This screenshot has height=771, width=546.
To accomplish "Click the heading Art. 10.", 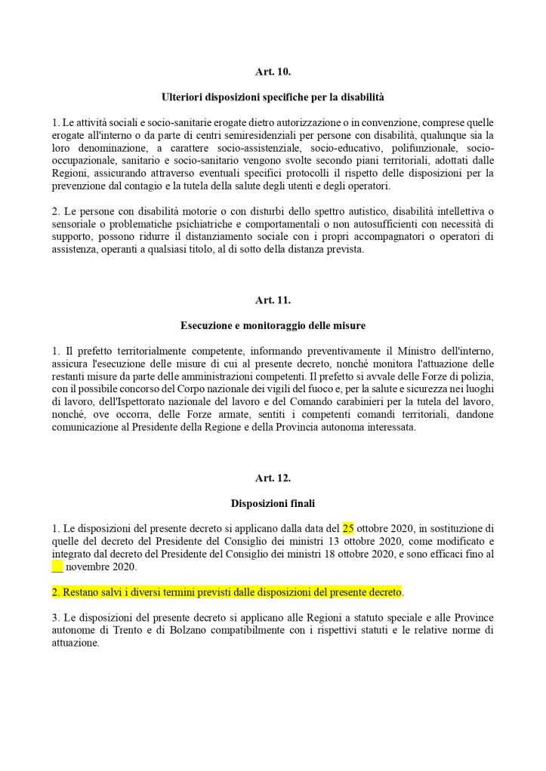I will click(273, 72).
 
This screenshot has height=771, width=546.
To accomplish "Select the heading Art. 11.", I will click(273, 300).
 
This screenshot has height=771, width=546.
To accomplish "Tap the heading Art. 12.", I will click(273, 478).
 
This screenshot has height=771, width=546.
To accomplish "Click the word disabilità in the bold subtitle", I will click(359, 97).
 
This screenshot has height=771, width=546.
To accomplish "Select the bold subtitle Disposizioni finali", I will click(273, 502).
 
